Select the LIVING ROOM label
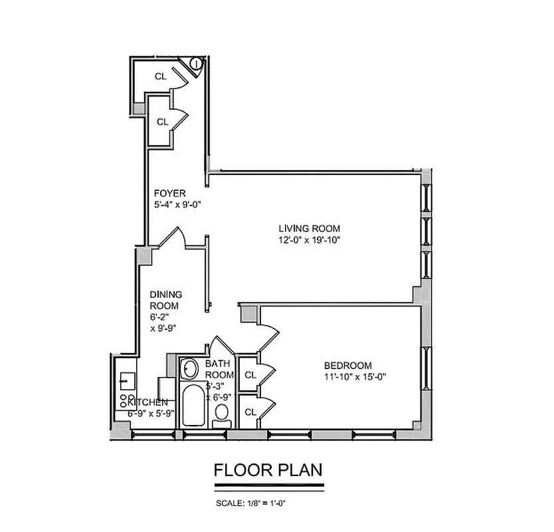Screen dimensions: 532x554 pos(309,229)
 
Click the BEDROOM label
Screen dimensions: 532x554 pos(347,365)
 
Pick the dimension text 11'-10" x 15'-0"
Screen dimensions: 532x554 pos(355,376)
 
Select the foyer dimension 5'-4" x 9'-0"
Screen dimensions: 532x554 pos(177,205)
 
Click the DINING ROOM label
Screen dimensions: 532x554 pos(165,299)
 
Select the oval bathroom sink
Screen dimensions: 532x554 pos(190,368)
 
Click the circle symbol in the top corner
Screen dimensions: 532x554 pos(197,64)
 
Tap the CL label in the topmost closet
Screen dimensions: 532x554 pos(160,76)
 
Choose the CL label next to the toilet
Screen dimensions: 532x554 pos(250,412)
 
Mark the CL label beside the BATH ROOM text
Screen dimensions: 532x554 pos(250,375)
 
